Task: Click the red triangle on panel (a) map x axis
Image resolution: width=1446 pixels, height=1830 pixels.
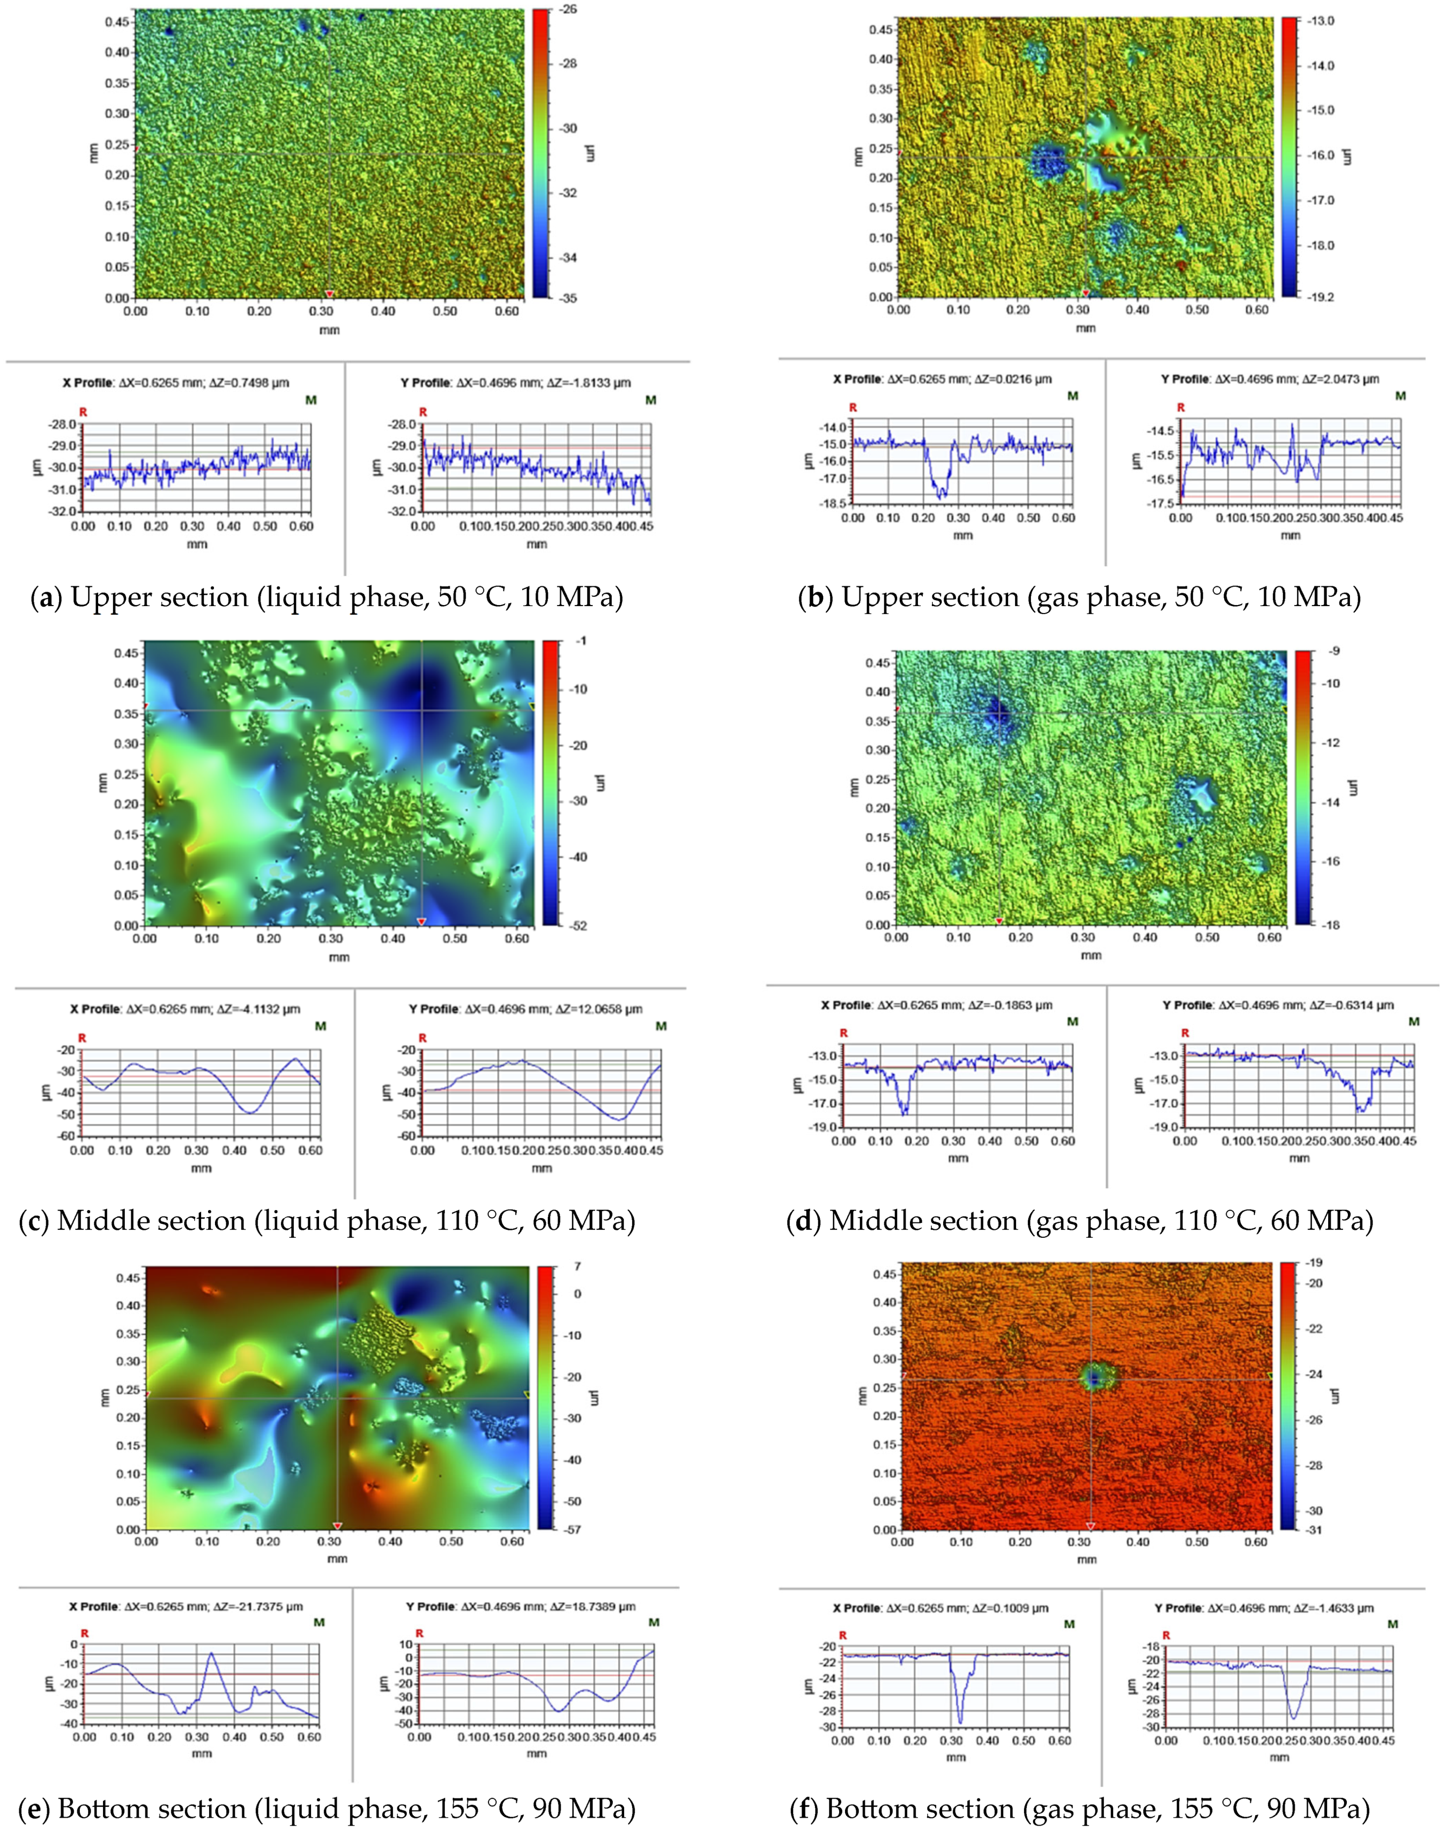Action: coord(329,293)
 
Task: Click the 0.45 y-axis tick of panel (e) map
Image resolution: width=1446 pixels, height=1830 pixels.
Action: coord(128,1277)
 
